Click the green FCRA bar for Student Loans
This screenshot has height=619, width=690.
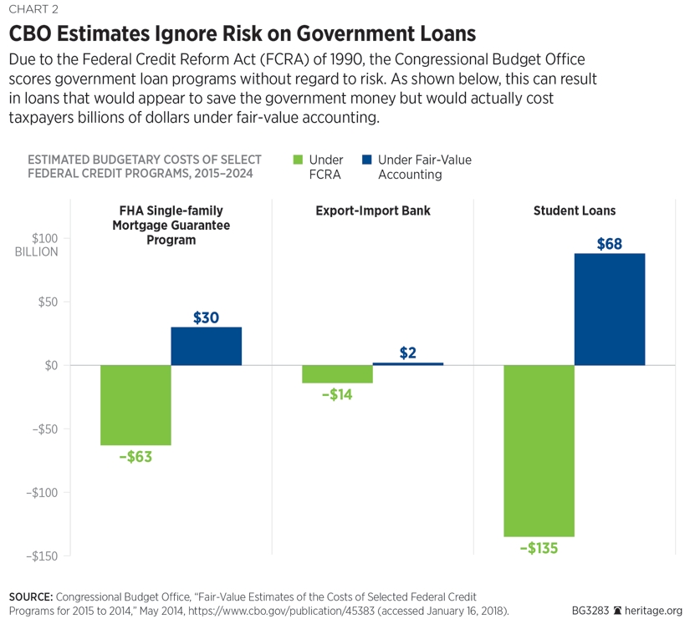point(539,450)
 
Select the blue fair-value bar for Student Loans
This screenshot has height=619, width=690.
point(609,309)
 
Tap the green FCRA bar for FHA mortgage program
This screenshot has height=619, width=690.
point(135,405)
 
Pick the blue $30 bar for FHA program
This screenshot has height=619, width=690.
point(206,346)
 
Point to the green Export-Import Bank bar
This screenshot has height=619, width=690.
point(337,374)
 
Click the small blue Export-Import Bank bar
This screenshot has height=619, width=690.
point(407,364)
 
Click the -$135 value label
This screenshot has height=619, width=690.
point(539,549)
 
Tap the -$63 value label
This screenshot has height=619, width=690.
point(135,457)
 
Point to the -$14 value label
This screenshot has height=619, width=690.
point(337,394)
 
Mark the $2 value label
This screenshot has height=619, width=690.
point(408,353)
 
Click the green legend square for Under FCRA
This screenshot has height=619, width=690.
point(298,160)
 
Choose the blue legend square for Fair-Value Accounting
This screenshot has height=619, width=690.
point(366,160)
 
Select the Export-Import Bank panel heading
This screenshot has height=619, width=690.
point(373,211)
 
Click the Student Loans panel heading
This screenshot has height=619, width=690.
point(574,211)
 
